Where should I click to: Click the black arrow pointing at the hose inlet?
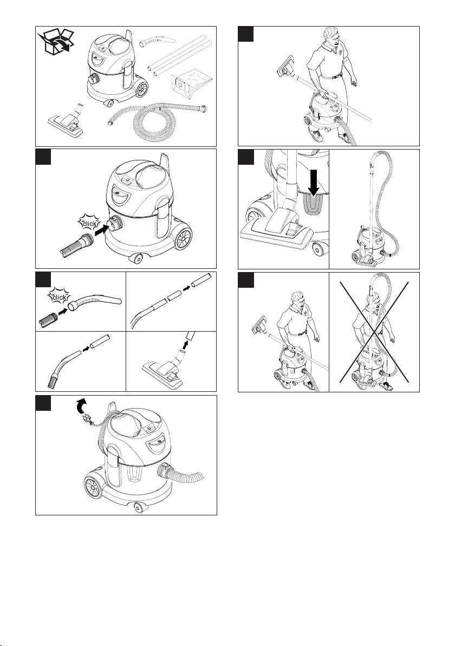tap(101, 229)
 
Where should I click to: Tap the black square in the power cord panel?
tap(43, 403)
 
